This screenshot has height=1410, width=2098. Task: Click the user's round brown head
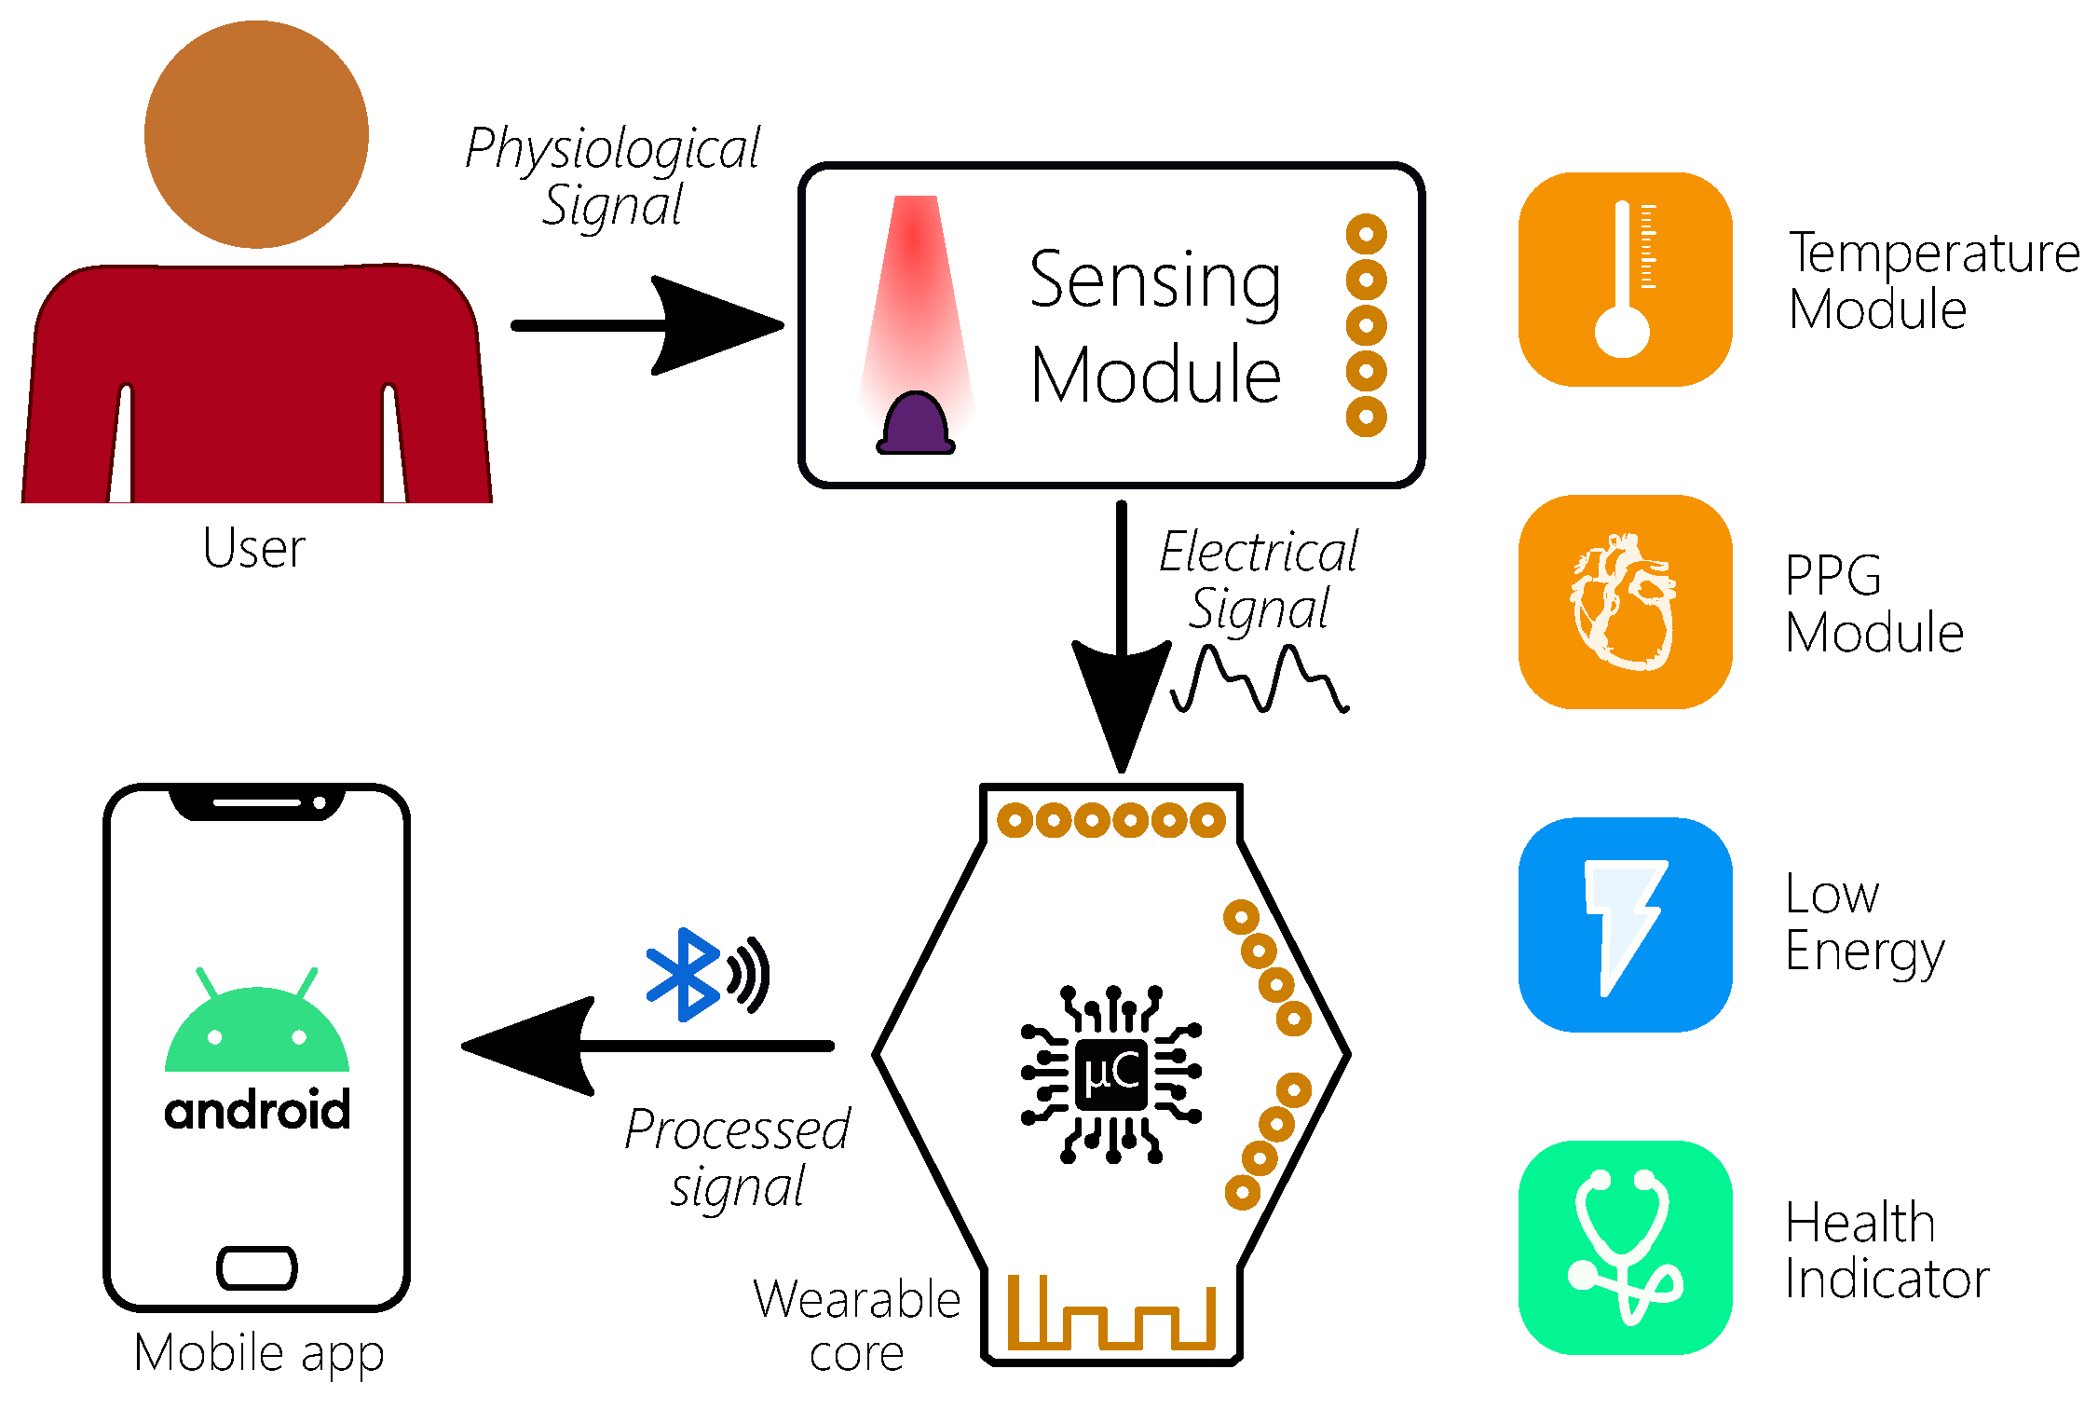click(256, 135)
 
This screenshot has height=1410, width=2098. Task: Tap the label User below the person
click(253, 548)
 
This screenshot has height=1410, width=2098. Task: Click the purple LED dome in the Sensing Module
click(916, 424)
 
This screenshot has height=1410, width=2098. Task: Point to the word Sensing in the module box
click(1155, 280)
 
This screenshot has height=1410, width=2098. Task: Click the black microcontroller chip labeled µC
click(1110, 1074)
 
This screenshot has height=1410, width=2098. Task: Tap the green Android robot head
click(257, 1030)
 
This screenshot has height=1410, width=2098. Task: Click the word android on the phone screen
click(257, 1110)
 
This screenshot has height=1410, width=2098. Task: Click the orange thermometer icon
click(1625, 280)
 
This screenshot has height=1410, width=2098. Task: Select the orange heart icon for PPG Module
click(1625, 602)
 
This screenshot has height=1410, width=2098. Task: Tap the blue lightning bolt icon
click(1625, 924)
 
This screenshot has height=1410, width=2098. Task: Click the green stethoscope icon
click(1625, 1247)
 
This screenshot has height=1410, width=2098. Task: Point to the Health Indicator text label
click(1887, 1250)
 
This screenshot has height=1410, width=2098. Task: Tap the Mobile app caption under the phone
click(259, 1352)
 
